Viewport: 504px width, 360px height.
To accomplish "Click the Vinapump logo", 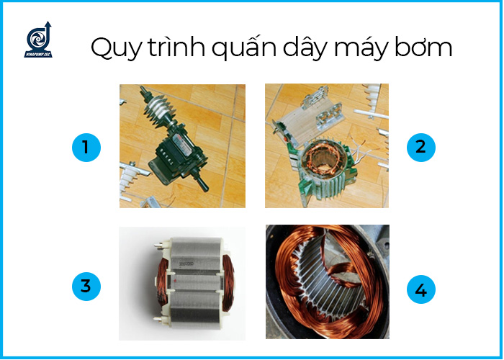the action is point(38,40).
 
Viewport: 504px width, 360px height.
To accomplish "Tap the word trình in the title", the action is point(176,47).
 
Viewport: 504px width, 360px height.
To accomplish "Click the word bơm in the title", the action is point(423,47).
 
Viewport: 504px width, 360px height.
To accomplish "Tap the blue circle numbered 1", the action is point(86,148).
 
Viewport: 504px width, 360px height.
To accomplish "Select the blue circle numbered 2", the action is point(421,148).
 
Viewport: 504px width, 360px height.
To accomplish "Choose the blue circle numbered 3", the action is point(86,287).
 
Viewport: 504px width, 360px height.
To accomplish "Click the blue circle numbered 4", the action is point(421,289).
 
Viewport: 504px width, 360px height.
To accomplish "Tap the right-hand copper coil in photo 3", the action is point(228,283).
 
